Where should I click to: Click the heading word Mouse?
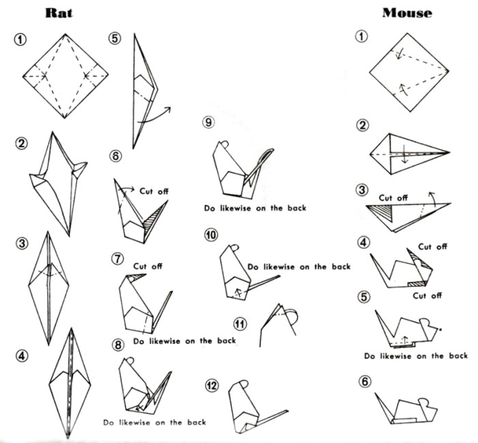406,12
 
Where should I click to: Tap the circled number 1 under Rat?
20,39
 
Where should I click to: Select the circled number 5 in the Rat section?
115,38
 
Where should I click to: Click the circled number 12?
214,386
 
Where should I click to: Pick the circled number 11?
240,323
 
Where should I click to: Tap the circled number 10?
211,235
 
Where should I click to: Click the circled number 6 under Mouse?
365,381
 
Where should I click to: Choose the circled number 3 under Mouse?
363,189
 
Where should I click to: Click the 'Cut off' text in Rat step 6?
154,191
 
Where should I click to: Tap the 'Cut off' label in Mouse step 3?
393,198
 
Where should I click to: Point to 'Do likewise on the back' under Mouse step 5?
415,356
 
